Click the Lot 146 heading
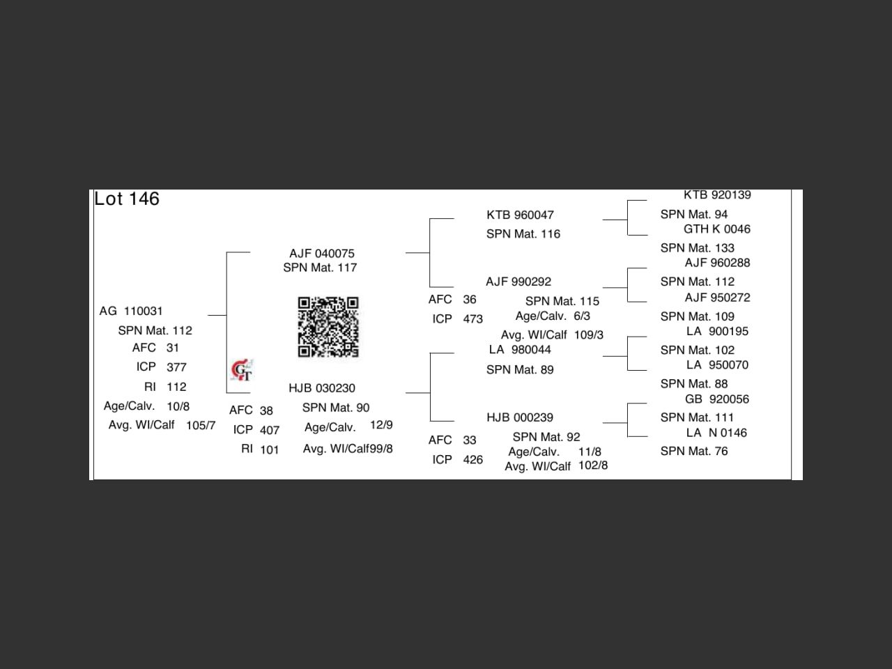tap(127, 199)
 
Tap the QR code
tap(328, 327)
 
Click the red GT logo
tap(242, 370)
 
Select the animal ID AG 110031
tap(131, 311)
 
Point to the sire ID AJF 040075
tap(322, 254)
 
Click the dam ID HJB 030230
tap(322, 388)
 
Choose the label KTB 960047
tap(520, 215)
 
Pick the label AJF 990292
tap(518, 282)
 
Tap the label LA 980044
tap(520, 350)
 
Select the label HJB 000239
tap(520, 417)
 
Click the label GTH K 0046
tap(717, 229)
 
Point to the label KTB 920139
tap(717, 195)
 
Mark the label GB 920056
tap(717, 399)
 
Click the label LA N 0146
tap(717, 433)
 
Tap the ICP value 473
tap(473, 319)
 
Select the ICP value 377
tap(176, 367)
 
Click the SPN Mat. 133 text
tap(698, 248)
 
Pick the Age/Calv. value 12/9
tap(381, 425)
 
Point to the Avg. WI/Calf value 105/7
tap(201, 426)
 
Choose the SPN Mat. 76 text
tap(694, 452)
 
